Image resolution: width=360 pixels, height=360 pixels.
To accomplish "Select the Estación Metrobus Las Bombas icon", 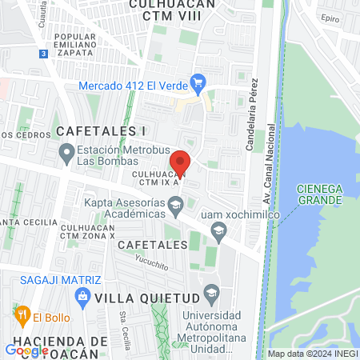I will pos(67,151).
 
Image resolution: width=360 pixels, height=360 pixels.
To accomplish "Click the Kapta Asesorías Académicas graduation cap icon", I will pos(174,209).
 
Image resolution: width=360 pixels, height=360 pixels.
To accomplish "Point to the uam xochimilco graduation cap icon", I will pos(218,232).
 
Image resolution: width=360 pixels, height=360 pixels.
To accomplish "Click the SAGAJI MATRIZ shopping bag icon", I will pos(82,297).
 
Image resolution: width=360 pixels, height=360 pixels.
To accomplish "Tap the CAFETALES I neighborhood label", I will pos(101,130).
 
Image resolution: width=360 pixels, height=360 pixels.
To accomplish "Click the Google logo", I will pos(26,350).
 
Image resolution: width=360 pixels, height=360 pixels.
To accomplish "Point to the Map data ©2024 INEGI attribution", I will pos(311,354).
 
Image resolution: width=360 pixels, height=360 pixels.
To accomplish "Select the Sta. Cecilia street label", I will pos(124,324).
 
